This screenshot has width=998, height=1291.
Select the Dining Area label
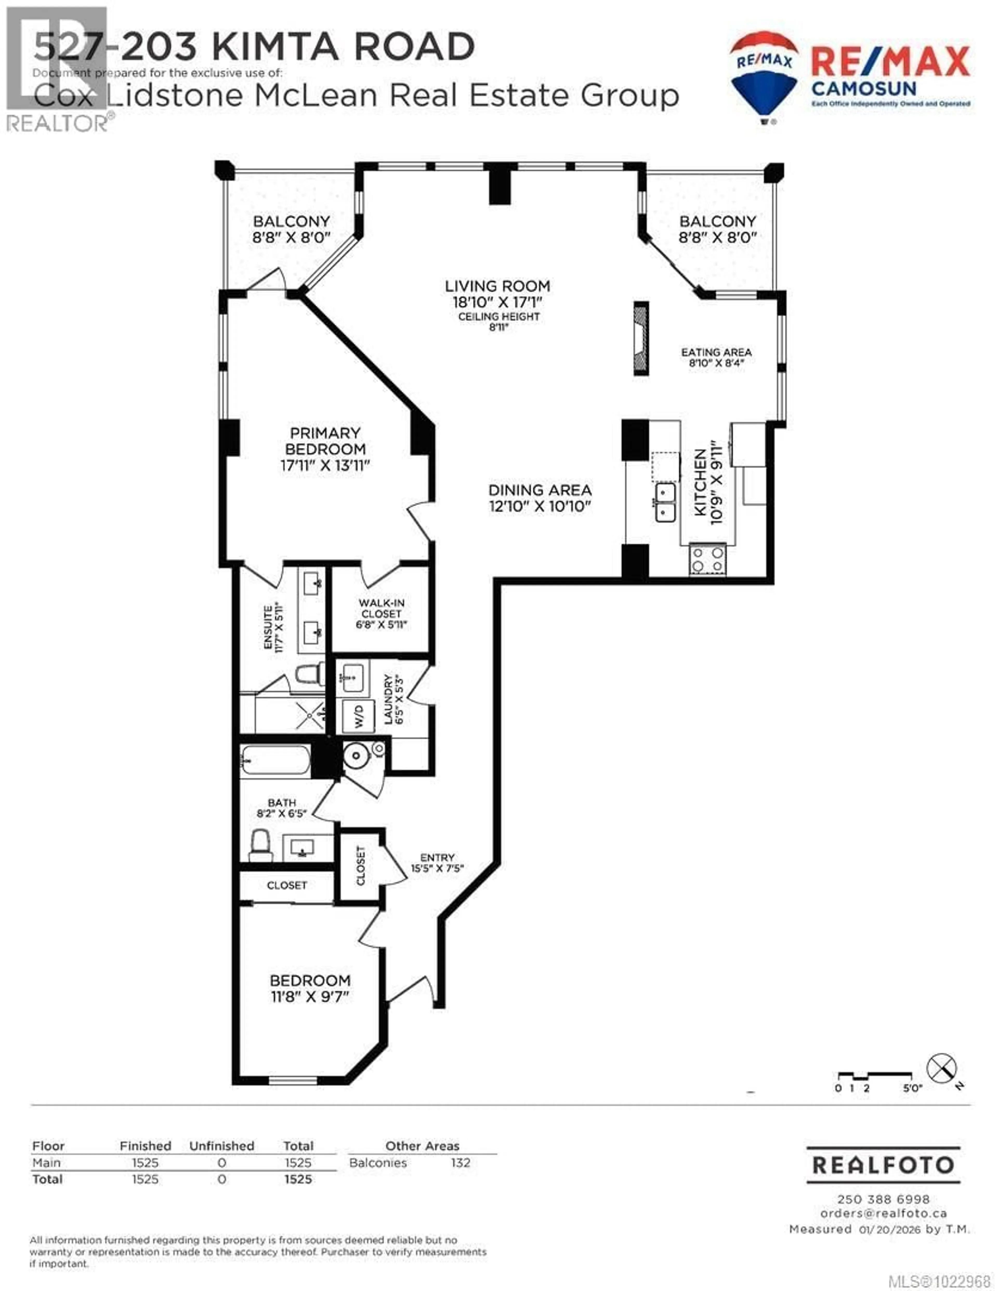point(540,490)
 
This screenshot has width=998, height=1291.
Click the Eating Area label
point(716,352)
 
